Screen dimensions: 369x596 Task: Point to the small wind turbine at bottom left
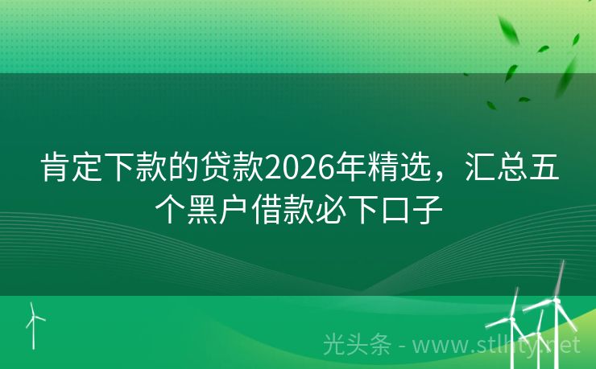[33, 322]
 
